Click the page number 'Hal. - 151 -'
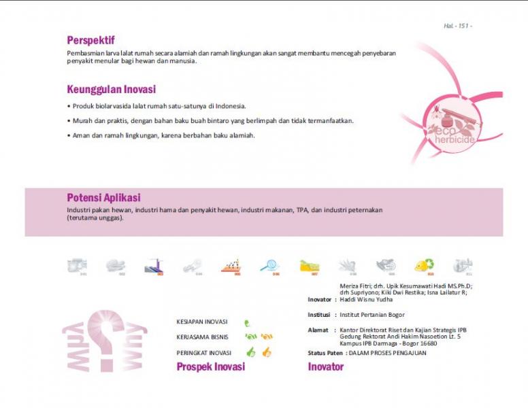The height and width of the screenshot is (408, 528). [x=457, y=26]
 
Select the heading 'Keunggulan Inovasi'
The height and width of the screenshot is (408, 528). [x=112, y=89]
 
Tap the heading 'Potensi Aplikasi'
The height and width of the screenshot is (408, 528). [x=103, y=198]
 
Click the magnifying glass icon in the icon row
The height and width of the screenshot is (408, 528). [x=269, y=265]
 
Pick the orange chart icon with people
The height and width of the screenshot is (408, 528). [x=231, y=265]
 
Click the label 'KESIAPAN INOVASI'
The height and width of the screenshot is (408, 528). [x=202, y=322]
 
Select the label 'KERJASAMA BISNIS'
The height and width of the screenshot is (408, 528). [x=202, y=337]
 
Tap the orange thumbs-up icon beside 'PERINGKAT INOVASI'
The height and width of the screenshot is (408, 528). [x=267, y=352]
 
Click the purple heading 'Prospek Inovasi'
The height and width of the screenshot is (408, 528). [x=210, y=367]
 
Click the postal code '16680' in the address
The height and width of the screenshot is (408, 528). [x=428, y=343]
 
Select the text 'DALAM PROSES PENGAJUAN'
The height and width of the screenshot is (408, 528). [x=387, y=353]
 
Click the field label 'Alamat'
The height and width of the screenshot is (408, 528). [x=318, y=330]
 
